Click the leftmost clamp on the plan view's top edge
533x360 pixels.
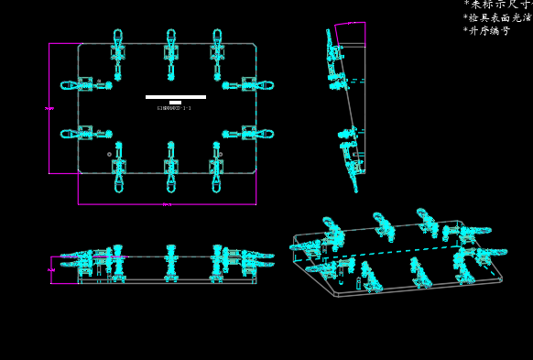click(x=118, y=51)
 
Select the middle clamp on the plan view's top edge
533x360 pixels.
click(x=171, y=51)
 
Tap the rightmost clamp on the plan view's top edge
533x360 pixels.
click(x=217, y=51)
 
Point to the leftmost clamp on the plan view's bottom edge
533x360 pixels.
click(x=118, y=167)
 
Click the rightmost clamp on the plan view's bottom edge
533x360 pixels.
click(x=216, y=167)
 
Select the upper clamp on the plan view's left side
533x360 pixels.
click(x=87, y=85)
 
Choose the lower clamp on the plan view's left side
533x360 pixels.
click(x=87, y=134)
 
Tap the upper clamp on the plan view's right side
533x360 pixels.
click(x=248, y=85)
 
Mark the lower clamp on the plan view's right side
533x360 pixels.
click(x=248, y=134)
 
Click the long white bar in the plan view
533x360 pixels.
click(x=175, y=96)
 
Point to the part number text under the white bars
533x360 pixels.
click(x=174, y=108)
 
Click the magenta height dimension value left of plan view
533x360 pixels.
click(x=49, y=108)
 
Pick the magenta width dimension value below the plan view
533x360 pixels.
click(x=167, y=204)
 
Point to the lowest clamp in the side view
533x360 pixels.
click(x=352, y=169)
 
